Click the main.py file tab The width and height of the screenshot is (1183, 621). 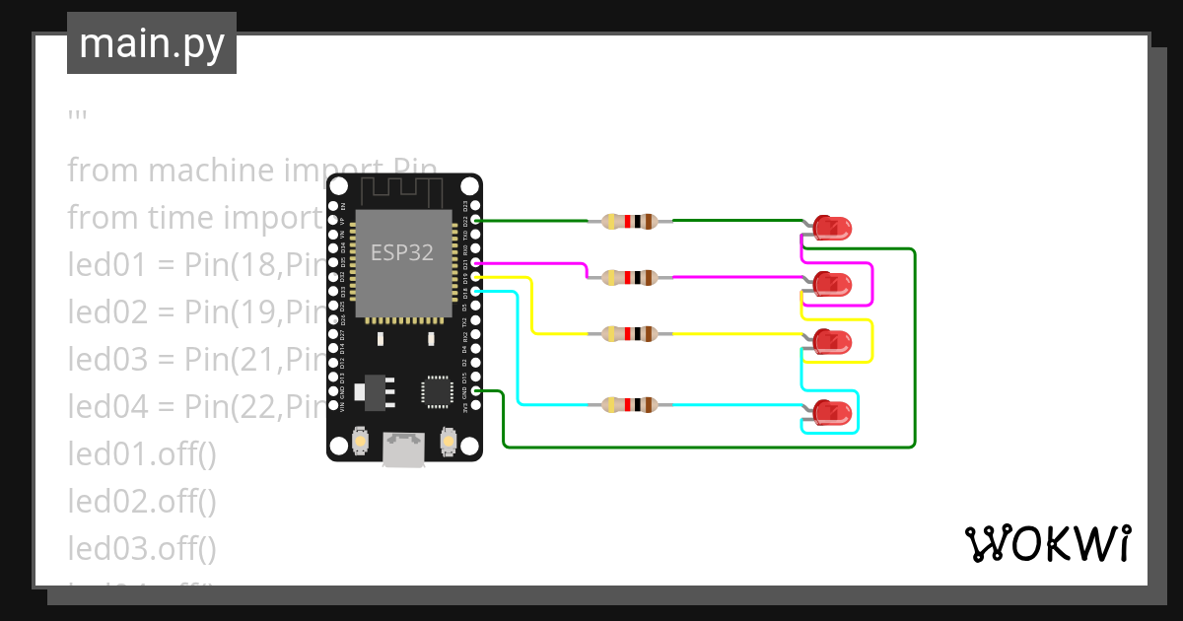click(151, 43)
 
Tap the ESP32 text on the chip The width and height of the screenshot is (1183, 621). click(401, 252)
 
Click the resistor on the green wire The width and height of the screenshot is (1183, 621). click(629, 222)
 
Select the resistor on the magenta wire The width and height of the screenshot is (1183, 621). click(629, 278)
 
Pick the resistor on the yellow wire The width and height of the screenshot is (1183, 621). click(629, 334)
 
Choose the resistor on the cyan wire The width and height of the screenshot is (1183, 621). click(629, 404)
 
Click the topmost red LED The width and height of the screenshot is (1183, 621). click(831, 229)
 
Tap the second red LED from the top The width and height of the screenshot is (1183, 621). click(831, 285)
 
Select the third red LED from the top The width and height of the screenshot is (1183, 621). click(831, 342)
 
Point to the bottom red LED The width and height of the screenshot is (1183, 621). click(831, 412)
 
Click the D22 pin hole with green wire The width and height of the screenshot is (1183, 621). click(476, 221)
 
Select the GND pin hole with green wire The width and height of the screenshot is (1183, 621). click(476, 391)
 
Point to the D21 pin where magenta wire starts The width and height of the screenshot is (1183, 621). click(476, 264)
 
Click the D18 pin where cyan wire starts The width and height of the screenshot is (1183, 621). click(476, 292)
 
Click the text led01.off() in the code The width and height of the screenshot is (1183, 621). click(141, 455)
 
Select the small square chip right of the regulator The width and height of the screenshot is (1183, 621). click(436, 391)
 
